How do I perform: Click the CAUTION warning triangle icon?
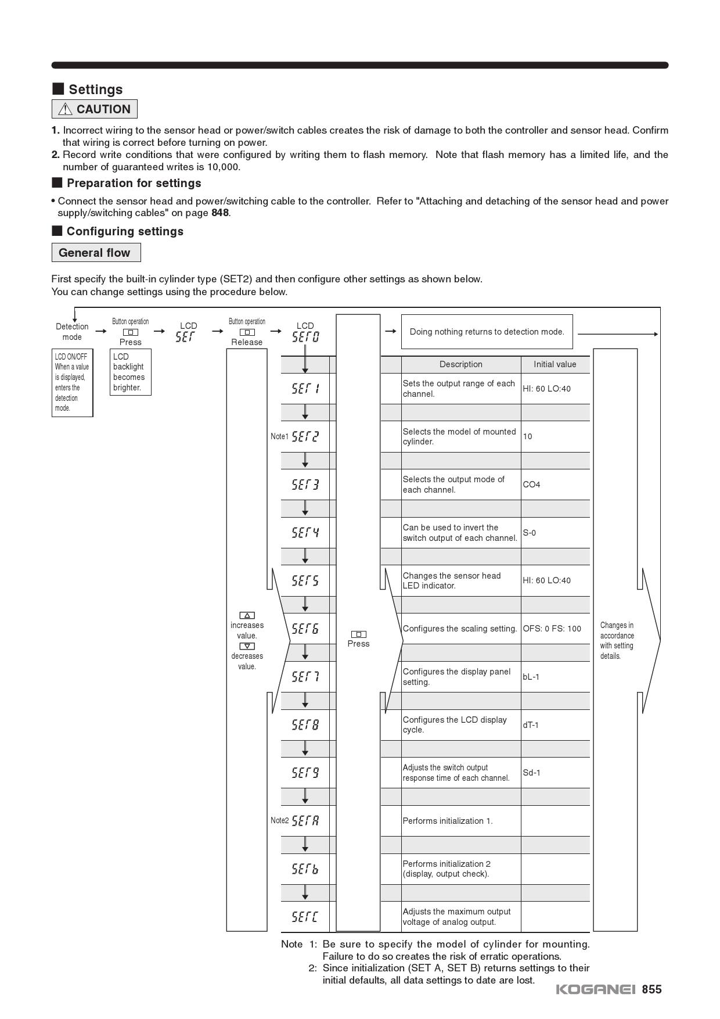click(65, 109)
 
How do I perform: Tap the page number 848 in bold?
click(220, 213)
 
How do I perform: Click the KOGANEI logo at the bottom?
click(596, 989)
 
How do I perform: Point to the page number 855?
click(651, 989)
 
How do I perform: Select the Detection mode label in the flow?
click(72, 332)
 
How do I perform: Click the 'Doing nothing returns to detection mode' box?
click(487, 332)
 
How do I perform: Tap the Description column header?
click(460, 364)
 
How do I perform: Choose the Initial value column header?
click(555, 364)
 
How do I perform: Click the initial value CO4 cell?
click(531, 485)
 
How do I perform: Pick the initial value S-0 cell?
click(530, 533)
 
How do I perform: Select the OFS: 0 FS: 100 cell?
click(552, 629)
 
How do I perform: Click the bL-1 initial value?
click(531, 677)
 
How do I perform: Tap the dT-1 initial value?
click(531, 725)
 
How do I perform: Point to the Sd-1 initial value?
click(531, 773)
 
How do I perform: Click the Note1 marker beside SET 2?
click(279, 436)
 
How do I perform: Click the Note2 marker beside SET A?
click(279, 820)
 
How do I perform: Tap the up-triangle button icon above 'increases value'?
click(247, 615)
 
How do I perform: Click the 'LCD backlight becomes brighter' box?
click(130, 372)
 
